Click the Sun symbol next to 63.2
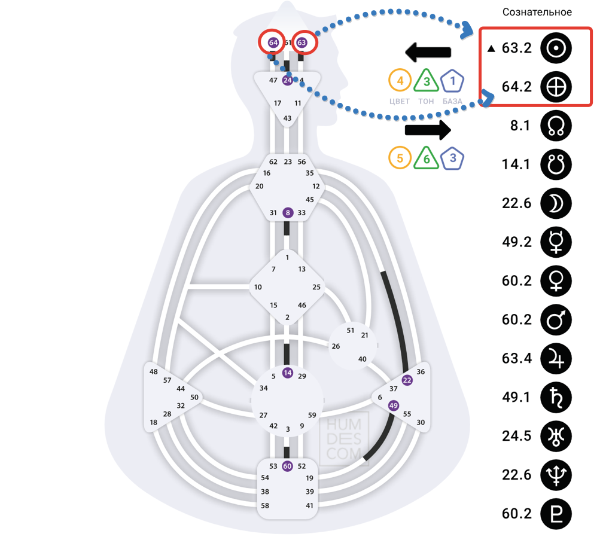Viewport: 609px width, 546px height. [556, 48]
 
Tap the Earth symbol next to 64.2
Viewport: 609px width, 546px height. [556, 87]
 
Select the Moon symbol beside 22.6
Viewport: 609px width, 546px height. [556, 203]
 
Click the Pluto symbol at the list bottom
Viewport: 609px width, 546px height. [556, 514]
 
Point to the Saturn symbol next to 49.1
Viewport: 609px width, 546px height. [556, 397]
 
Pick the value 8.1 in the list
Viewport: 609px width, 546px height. [517, 126]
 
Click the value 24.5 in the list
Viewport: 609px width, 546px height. [517, 436]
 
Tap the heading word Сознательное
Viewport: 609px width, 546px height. [537, 12]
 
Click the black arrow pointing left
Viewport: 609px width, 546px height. [428, 53]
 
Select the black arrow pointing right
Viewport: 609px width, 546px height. [428, 129]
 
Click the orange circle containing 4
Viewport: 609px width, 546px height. [400, 81]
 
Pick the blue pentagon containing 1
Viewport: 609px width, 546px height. [452, 81]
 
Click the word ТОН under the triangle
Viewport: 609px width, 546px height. [426, 101]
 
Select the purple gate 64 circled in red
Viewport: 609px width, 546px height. [273, 43]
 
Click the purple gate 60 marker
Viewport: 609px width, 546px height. [287, 466]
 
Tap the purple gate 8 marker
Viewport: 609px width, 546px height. [288, 212]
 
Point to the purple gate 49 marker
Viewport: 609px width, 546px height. [393, 405]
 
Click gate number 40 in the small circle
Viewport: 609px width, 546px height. [362, 359]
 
